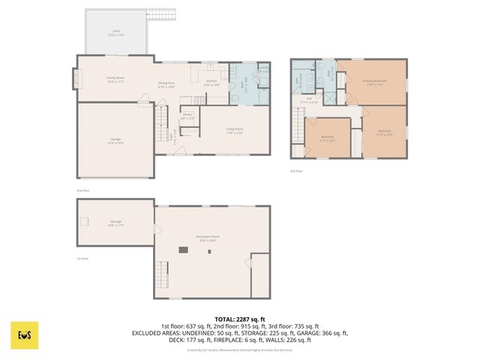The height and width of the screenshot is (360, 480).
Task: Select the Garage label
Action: pos(115,139)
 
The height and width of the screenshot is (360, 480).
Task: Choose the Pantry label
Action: pos(187,115)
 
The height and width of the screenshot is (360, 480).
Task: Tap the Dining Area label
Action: pos(166,84)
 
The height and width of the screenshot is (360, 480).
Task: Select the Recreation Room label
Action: pos(208,238)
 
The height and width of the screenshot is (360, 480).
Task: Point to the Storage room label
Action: pos(115,223)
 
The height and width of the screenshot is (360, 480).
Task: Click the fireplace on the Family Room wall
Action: pos(74,77)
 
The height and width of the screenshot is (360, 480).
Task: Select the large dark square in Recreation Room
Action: pos(182,250)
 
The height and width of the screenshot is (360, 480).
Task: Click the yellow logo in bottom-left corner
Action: pos(24,335)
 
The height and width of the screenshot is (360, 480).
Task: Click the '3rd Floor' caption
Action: pos(297,171)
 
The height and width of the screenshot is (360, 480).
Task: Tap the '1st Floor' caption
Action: pos(82,259)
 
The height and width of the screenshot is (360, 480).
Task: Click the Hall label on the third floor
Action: pos(308,97)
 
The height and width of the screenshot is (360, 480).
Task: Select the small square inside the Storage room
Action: pos(85,220)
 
